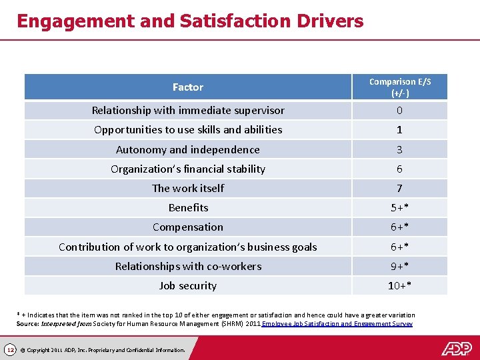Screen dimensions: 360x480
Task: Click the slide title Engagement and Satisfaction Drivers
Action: coord(190,21)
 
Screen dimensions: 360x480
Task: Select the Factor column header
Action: coord(188,87)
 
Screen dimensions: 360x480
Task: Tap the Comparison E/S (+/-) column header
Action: coord(399,87)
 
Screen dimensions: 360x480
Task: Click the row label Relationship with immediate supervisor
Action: coord(188,111)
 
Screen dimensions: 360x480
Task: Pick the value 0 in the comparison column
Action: coord(399,111)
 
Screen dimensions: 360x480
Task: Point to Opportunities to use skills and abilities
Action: coord(188,130)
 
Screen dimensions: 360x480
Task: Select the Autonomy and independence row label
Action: coord(188,150)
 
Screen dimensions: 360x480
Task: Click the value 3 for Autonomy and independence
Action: coord(399,150)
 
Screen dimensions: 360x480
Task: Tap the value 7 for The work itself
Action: coord(399,189)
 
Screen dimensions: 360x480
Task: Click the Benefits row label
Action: coord(188,208)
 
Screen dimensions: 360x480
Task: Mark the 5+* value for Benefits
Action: coord(399,208)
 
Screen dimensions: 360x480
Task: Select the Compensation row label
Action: coord(188,227)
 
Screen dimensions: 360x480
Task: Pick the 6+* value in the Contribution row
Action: coord(399,247)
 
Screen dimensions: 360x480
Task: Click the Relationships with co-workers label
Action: coord(188,267)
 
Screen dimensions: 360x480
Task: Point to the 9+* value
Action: coord(399,267)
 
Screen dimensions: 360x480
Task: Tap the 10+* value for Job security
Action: coord(399,286)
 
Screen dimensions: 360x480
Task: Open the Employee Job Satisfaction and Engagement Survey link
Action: coord(337,324)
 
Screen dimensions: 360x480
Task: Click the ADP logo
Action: coord(456,348)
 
